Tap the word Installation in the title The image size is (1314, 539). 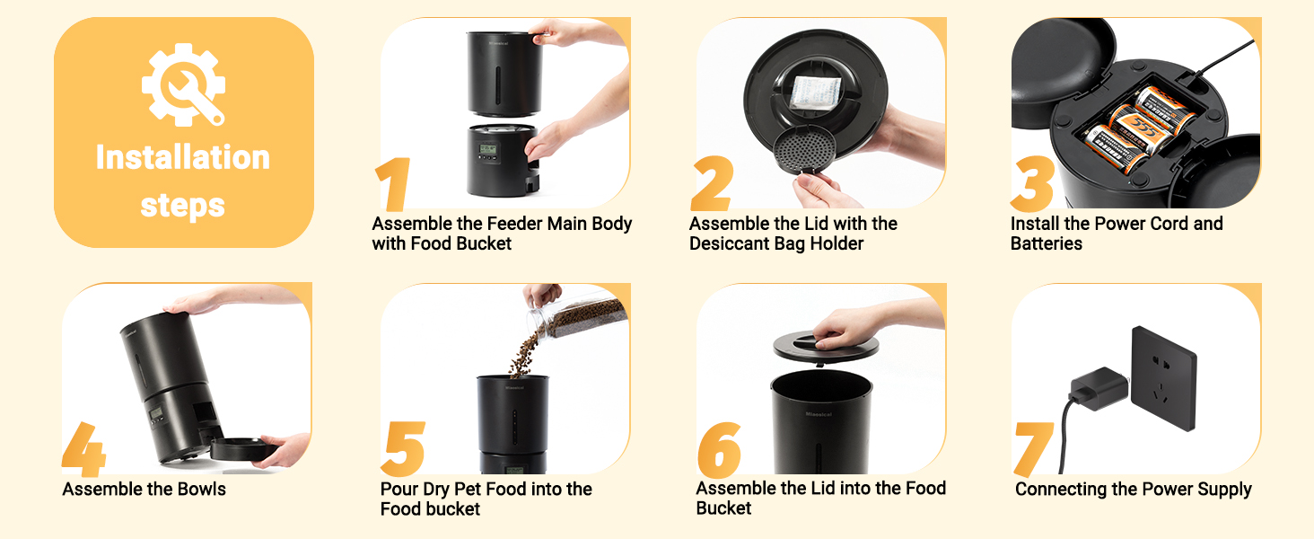point(183,157)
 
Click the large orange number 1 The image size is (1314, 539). point(392,184)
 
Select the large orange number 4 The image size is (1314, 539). point(83,449)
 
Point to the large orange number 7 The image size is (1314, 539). point(1034,449)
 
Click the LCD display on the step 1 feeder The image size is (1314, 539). point(488,149)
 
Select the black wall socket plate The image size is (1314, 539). point(1163,379)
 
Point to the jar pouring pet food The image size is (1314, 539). point(578,318)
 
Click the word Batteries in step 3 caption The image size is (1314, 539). point(1047,243)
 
